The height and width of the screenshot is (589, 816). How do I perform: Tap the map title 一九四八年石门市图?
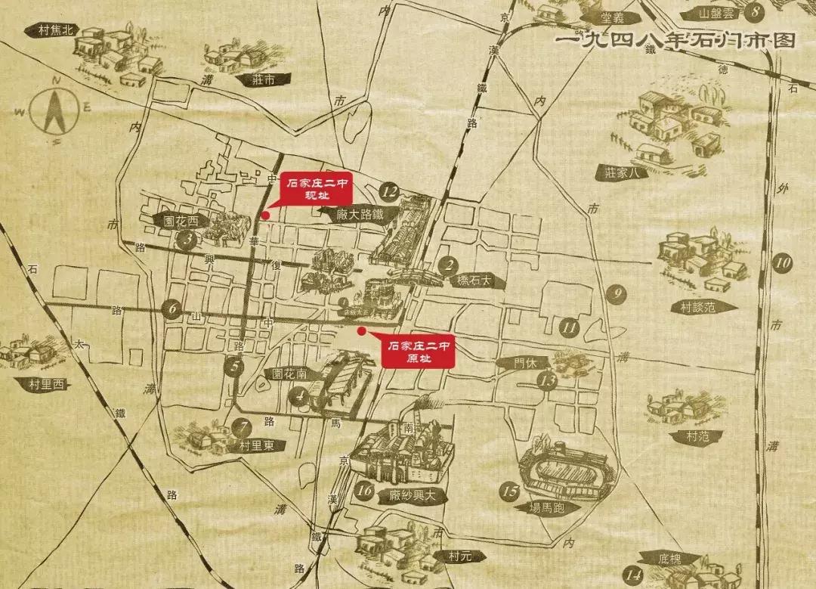[675, 40]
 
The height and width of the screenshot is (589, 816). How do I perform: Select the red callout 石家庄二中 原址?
[418, 352]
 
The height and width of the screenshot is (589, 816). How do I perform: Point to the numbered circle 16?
[365, 491]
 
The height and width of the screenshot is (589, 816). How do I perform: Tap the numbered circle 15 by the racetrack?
[511, 491]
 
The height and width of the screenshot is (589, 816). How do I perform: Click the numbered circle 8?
[755, 12]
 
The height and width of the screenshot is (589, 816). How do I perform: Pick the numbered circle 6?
[172, 308]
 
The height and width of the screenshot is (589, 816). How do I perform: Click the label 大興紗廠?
[414, 495]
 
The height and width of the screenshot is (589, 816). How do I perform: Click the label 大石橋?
[480, 281]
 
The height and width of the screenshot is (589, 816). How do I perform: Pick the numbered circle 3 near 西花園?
[187, 240]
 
